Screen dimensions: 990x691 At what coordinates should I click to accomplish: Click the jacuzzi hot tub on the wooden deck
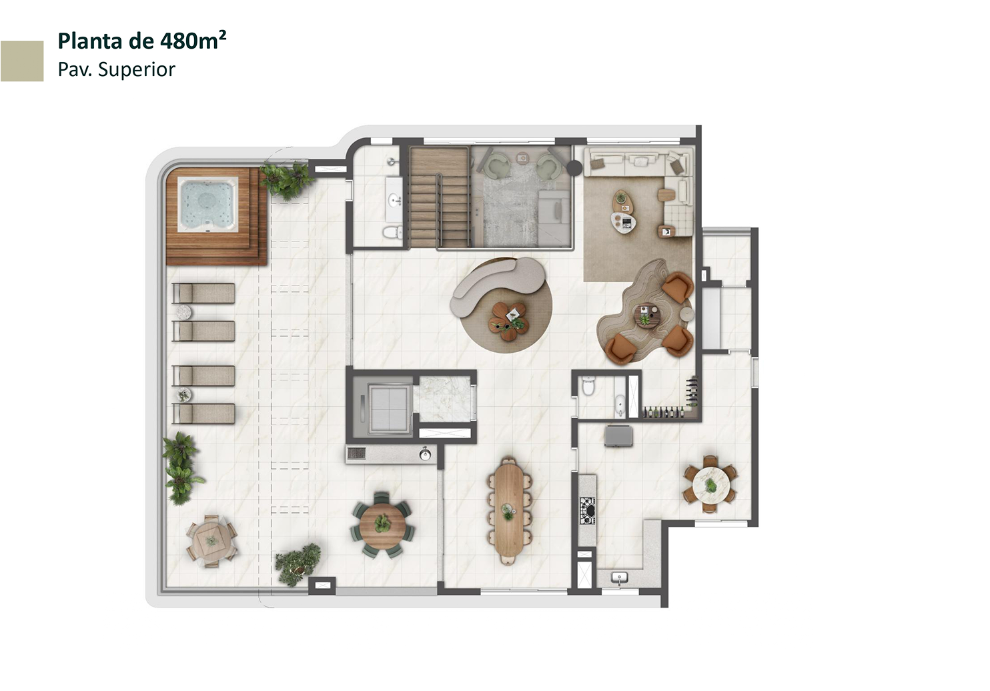point(207,205)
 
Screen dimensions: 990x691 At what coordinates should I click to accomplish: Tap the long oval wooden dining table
point(509,511)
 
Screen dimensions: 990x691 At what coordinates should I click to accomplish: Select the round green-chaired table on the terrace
point(382,526)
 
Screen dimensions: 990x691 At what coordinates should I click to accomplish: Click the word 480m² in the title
point(193,41)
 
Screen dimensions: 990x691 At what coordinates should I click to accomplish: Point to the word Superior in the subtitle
point(137,69)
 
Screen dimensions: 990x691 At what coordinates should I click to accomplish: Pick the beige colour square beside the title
point(22,61)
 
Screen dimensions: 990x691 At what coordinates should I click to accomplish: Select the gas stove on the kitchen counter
point(587,510)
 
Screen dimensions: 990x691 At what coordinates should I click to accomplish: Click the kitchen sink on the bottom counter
point(619,578)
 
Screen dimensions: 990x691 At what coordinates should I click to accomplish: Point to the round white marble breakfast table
point(710,485)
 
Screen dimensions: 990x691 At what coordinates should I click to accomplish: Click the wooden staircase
point(440,197)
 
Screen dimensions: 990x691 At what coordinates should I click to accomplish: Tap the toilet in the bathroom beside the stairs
point(392,232)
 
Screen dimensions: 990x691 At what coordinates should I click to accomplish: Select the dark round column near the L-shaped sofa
point(574,167)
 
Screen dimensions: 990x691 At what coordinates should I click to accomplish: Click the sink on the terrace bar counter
point(425,454)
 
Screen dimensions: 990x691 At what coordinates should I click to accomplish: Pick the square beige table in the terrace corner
point(211,540)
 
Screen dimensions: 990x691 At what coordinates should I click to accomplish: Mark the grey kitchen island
point(618,436)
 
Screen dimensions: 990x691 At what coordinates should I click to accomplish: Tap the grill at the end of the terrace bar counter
point(356,454)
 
